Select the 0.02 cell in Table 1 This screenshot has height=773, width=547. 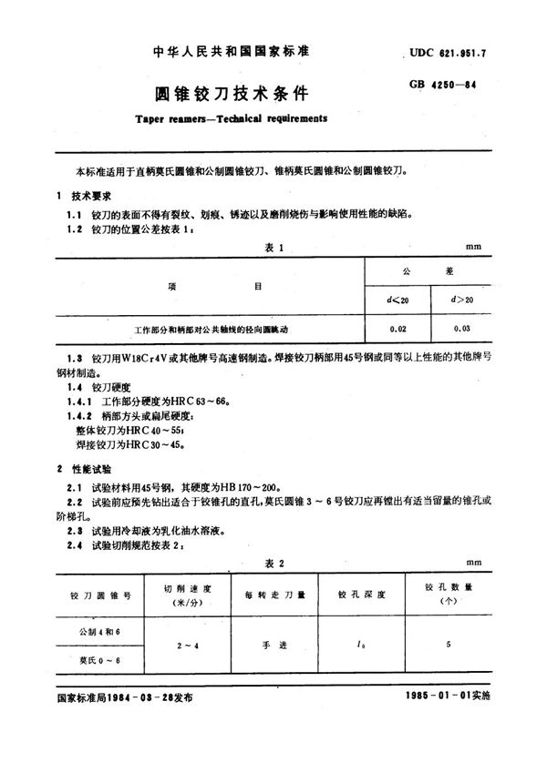coord(398,326)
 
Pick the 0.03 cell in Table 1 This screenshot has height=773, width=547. coord(462,326)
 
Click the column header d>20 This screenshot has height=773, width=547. coord(462,300)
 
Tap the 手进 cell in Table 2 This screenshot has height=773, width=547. coord(276,645)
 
